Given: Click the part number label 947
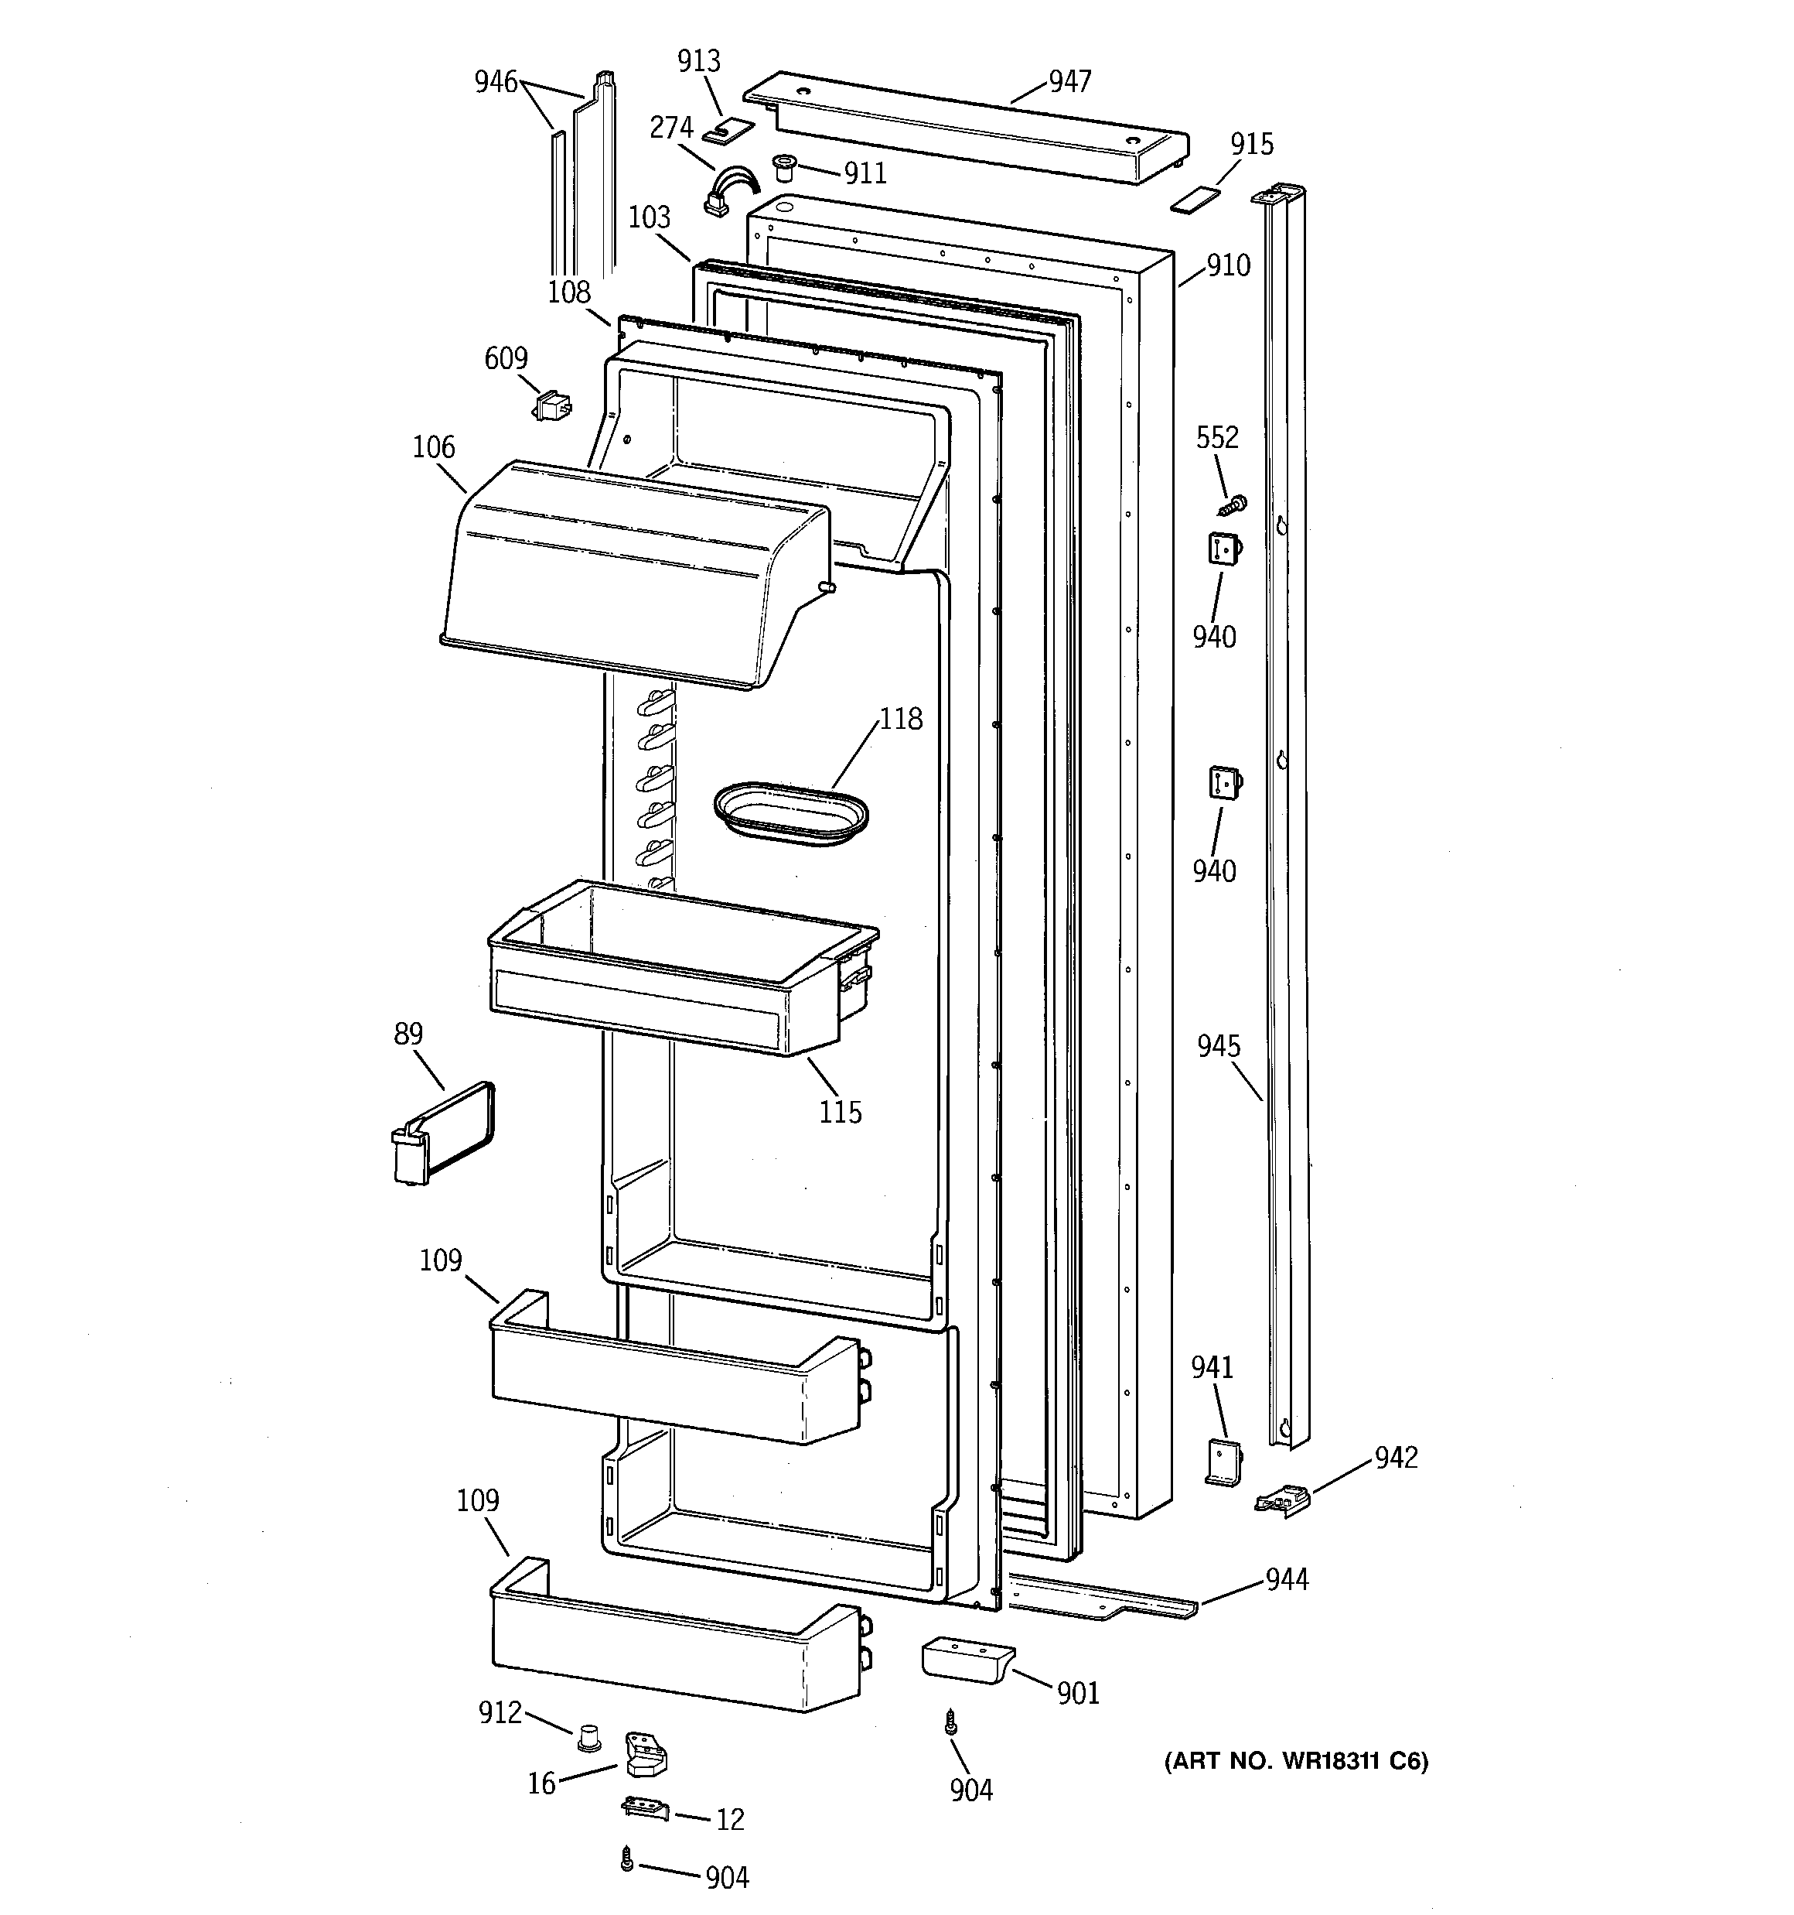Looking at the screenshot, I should (x=1070, y=82).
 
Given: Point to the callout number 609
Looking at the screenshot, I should (x=506, y=358).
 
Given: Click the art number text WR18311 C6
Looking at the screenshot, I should (x=1295, y=1762).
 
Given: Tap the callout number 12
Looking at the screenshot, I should (x=730, y=1819).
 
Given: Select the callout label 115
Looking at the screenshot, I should (x=840, y=1113).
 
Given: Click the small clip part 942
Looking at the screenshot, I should (x=1284, y=1502).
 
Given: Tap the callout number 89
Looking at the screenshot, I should (x=408, y=1034).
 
